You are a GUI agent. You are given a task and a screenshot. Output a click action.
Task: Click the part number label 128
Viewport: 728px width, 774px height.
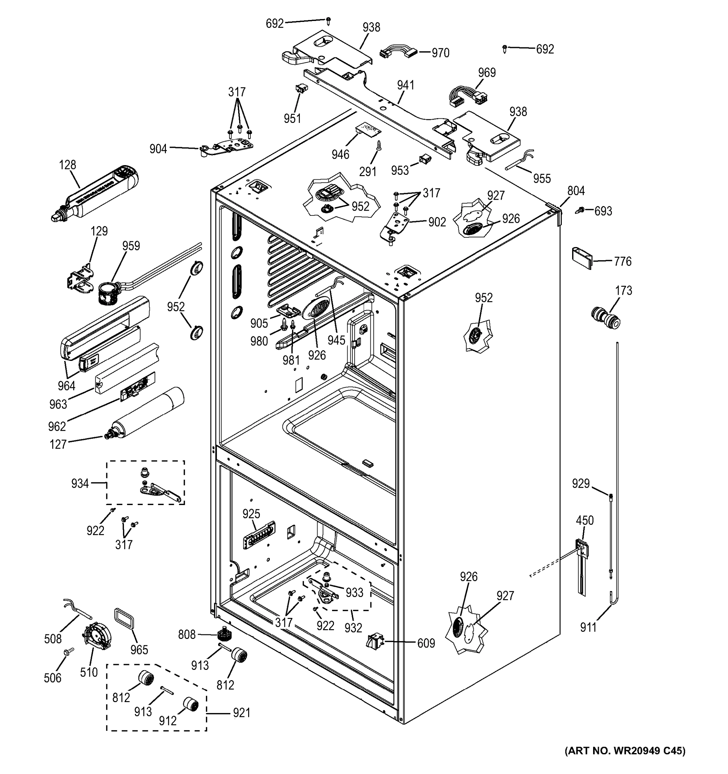[x=67, y=165]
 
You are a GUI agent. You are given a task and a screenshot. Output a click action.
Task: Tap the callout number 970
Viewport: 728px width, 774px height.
[x=440, y=53]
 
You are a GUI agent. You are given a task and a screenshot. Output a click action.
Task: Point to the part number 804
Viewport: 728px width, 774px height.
[x=575, y=191]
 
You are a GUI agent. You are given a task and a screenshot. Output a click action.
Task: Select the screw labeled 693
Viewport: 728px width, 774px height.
[x=580, y=210]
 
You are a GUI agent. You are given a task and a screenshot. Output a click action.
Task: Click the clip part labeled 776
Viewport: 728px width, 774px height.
[x=581, y=258]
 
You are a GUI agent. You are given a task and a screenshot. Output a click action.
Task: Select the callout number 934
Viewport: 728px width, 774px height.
[x=80, y=483]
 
